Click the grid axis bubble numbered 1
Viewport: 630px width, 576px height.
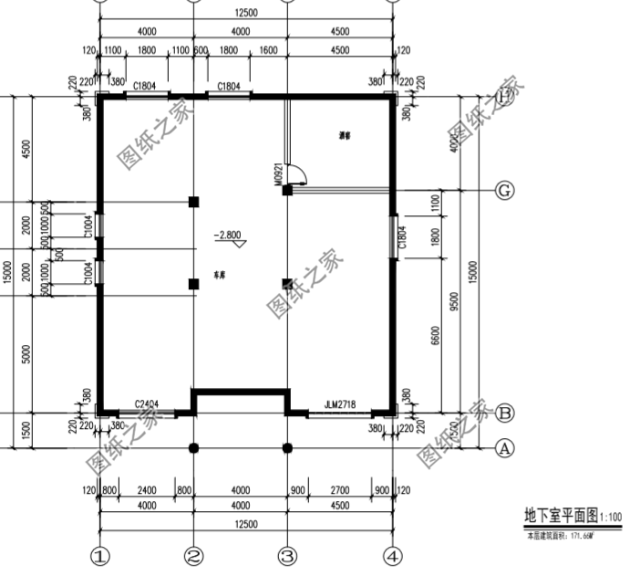pyautogui.click(x=100, y=555)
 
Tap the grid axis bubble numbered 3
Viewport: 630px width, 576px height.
pyautogui.click(x=287, y=555)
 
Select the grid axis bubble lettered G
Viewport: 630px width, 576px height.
pyautogui.click(x=504, y=190)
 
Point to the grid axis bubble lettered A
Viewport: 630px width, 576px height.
pyautogui.click(x=504, y=448)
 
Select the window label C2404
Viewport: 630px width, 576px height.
pyautogui.click(x=147, y=403)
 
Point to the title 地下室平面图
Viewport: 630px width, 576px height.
pyautogui.click(x=558, y=517)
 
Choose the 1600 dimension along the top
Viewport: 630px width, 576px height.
pyautogui.click(x=268, y=51)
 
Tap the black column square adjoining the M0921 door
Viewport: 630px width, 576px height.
pyautogui.click(x=287, y=190)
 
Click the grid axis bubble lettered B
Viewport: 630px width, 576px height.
pyautogui.click(x=504, y=413)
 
